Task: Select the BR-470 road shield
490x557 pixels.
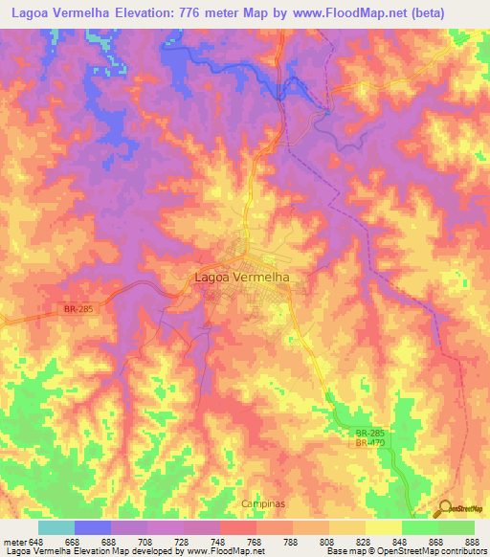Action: tap(369, 443)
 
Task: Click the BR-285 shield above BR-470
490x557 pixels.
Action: tap(369, 433)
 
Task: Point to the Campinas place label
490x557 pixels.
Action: tap(258, 503)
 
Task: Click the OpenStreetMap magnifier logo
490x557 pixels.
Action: tap(446, 509)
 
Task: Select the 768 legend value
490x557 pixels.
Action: tap(256, 541)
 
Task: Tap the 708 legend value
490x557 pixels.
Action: tap(146, 541)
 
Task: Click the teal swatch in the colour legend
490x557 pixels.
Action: tap(56, 527)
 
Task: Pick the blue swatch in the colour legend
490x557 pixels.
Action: tap(93, 527)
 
